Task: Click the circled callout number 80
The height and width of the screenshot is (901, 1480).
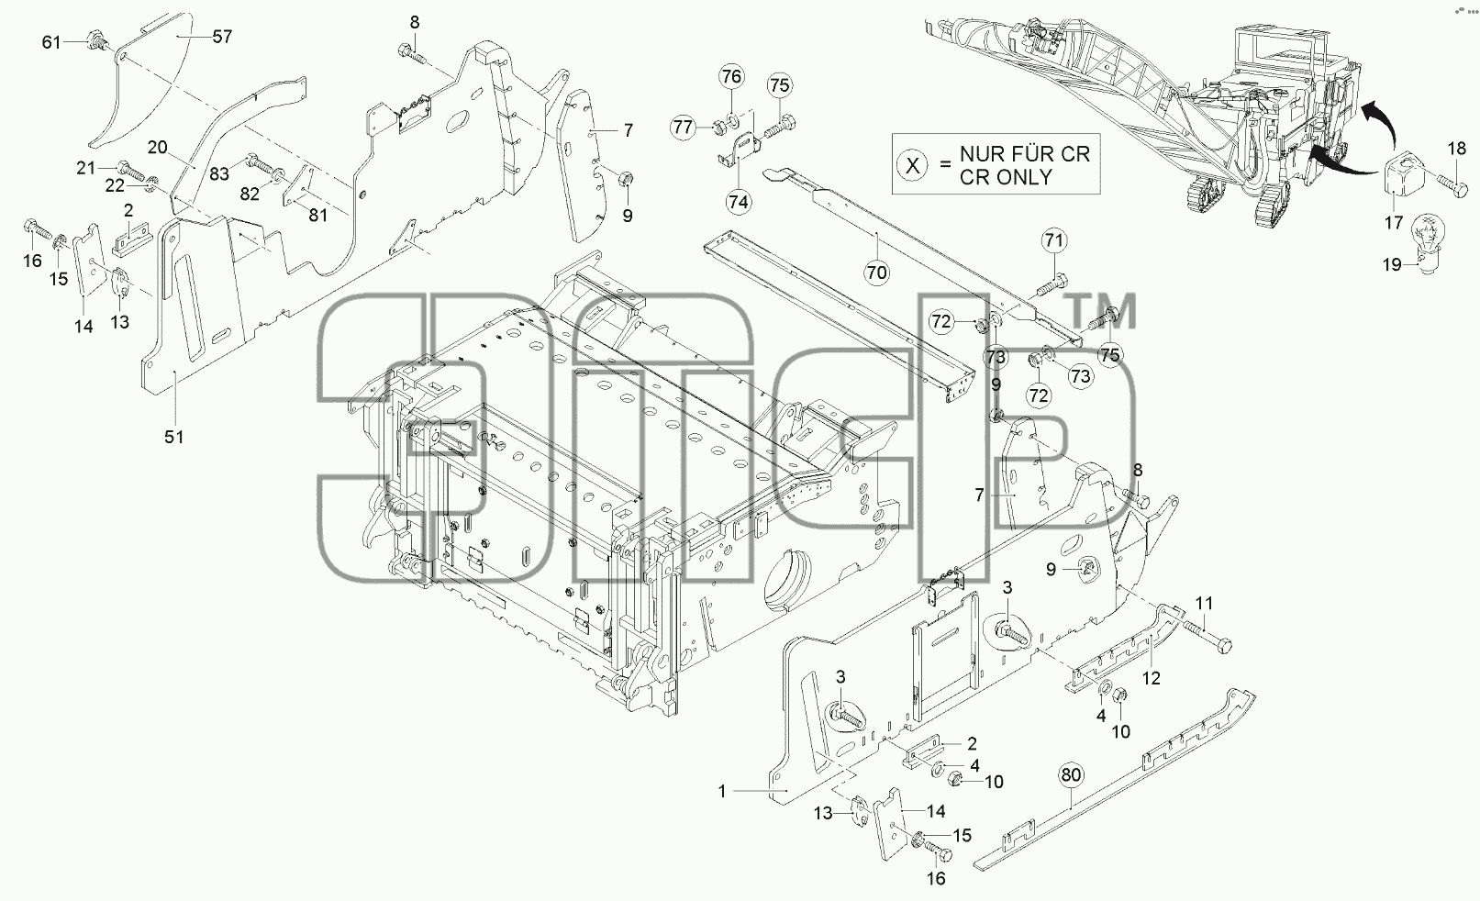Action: pyautogui.click(x=1071, y=774)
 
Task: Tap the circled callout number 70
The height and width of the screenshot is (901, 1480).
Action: pyautogui.click(x=876, y=273)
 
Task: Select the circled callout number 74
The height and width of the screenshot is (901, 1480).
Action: pyautogui.click(x=738, y=202)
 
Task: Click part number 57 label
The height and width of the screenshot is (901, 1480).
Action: pyautogui.click(x=222, y=37)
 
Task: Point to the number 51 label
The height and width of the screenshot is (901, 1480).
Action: pyautogui.click(x=173, y=437)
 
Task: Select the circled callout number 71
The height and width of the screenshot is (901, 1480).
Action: pyautogui.click(x=1054, y=239)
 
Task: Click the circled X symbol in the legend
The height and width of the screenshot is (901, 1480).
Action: pyautogui.click(x=912, y=165)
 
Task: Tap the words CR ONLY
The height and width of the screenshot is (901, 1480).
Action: pyautogui.click(x=1006, y=177)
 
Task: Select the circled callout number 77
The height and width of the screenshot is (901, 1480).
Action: pyautogui.click(x=684, y=127)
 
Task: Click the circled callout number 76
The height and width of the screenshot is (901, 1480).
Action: pyautogui.click(x=731, y=77)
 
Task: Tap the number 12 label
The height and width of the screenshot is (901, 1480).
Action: pyautogui.click(x=1151, y=678)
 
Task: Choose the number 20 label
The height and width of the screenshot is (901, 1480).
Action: pyautogui.click(x=157, y=147)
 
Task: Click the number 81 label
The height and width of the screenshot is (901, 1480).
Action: pyautogui.click(x=317, y=216)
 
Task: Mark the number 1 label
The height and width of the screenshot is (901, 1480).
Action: pyautogui.click(x=722, y=791)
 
